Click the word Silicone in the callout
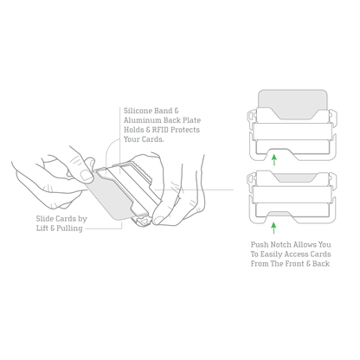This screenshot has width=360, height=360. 138,111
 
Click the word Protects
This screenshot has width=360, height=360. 185,130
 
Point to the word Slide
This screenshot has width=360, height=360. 45,219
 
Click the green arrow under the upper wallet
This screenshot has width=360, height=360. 274,160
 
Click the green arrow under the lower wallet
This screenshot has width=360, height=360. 273,228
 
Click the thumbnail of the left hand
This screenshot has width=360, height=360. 87,176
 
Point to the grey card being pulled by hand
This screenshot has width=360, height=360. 111,197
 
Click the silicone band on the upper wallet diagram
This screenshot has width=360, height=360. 292,132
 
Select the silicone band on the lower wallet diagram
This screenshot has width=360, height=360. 292,195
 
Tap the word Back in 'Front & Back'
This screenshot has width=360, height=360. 321,264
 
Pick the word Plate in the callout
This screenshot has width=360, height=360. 191,120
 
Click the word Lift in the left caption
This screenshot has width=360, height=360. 42,228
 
